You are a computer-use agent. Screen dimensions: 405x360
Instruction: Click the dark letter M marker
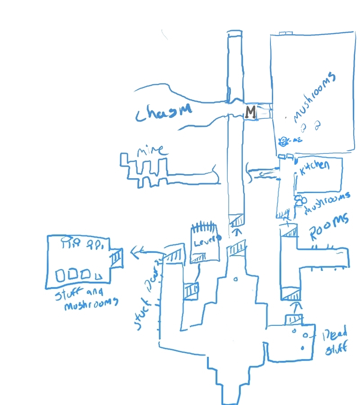pyautogui.click(x=250, y=112)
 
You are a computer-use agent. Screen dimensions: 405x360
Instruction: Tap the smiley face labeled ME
pyautogui.click(x=284, y=141)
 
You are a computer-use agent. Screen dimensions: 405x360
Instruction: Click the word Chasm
pyautogui.click(x=163, y=111)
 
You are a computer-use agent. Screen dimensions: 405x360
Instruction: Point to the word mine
pyautogui.click(x=151, y=150)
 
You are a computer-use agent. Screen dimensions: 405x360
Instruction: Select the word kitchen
pyautogui.click(x=315, y=166)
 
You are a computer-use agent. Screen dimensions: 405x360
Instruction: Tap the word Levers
pyautogui.click(x=207, y=240)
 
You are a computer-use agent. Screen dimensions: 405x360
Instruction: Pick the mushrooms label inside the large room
pyautogui.click(x=315, y=97)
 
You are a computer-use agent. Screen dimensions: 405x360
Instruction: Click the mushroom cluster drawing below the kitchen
pyautogui.click(x=298, y=201)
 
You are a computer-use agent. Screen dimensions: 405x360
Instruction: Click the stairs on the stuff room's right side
pyautogui.click(x=116, y=258)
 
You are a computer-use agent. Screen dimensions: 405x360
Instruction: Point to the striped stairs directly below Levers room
pyautogui.click(x=198, y=257)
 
